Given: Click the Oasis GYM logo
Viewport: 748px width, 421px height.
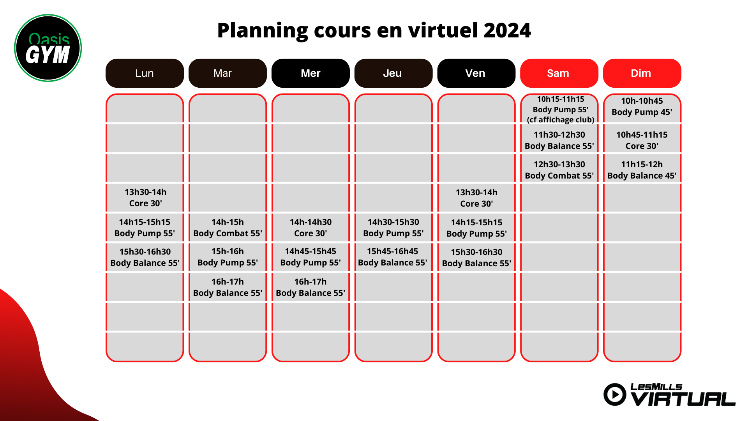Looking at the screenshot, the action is pos(48,48).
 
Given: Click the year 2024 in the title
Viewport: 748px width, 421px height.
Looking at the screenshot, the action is pos(507,30).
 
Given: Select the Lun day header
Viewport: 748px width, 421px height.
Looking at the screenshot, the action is pos(145,73).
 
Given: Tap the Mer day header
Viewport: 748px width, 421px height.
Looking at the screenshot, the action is pos(310,73).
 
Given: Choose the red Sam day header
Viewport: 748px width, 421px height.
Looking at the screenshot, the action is pos(559,73).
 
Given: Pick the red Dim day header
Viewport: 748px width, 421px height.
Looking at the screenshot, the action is pos(642,73).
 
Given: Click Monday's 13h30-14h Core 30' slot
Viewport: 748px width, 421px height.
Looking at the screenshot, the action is pos(145,198).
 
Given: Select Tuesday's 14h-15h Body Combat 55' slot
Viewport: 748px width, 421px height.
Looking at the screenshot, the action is pos(228,228).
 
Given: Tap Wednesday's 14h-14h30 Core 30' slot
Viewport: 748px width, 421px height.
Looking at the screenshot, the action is pos(310,228).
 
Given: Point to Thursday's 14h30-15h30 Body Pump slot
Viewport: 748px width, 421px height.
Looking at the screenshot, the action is pos(393,228).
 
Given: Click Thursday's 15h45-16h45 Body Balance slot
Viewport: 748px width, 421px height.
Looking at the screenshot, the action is pos(393,257).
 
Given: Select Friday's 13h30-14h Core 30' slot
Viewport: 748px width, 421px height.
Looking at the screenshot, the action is pos(476,198).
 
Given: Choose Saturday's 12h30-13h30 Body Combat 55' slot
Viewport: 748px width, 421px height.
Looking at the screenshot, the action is pos(559,170).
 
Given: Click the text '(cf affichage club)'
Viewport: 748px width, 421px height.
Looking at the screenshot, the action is pos(561,120).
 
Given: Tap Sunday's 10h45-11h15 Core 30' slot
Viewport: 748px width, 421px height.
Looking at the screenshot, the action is pos(642,140).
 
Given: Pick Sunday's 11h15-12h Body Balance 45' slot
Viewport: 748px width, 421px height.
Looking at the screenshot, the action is pos(642,170).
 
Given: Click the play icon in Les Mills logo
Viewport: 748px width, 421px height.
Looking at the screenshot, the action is pos(615,394).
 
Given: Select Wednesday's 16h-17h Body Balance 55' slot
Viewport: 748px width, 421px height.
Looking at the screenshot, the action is pos(310,287).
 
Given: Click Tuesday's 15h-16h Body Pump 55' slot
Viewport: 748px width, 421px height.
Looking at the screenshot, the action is pos(228,257).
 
